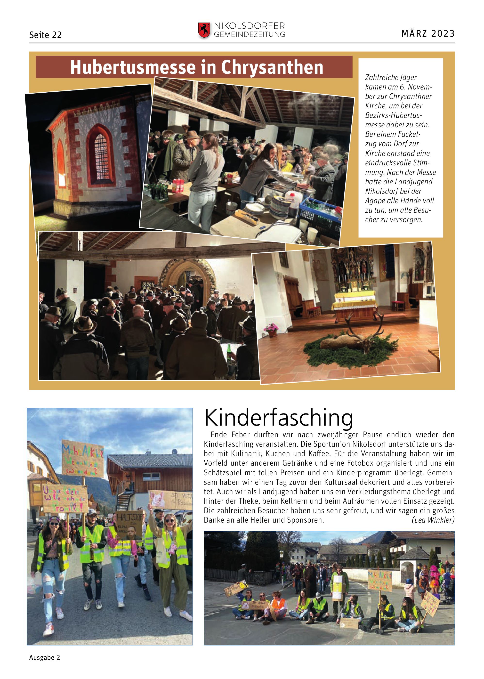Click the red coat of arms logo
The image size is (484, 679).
(x=204, y=30)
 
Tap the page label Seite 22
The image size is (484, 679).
(x=45, y=35)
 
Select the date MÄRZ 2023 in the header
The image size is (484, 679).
(x=428, y=33)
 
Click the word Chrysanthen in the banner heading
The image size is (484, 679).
(x=272, y=67)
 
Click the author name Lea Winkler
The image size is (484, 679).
(x=433, y=520)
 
